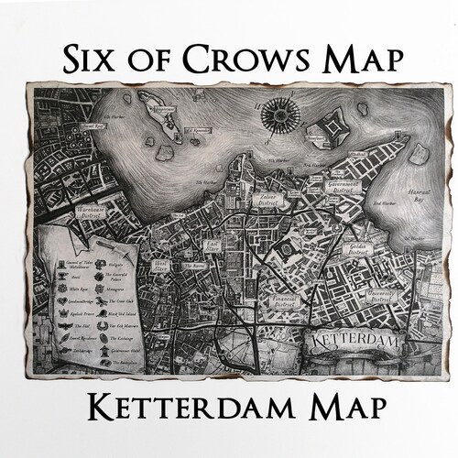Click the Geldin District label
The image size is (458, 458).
[356, 249]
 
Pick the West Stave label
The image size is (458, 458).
[160, 266]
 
